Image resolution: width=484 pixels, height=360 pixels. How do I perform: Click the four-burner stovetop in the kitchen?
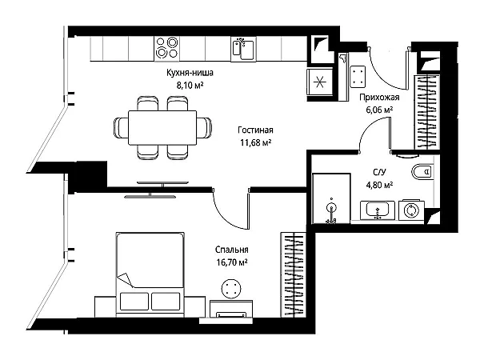click(166, 49)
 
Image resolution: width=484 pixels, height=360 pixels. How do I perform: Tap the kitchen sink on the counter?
click(243, 49)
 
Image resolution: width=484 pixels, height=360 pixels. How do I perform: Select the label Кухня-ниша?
click(190, 73)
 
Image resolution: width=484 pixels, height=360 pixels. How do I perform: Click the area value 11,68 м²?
click(256, 142)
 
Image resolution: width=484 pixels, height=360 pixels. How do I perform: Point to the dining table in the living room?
click(162, 127)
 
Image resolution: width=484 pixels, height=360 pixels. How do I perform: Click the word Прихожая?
click(379, 98)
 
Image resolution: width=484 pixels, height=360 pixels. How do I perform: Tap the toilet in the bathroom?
click(422, 171)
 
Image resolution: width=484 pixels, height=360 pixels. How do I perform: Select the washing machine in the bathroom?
click(411, 210)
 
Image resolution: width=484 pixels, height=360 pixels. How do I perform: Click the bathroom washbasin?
click(377, 210)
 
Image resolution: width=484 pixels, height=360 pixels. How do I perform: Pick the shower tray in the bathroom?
click(331, 198)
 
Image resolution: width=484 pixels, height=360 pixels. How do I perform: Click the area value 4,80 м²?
click(379, 185)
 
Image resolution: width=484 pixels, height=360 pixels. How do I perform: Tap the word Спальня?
click(232, 250)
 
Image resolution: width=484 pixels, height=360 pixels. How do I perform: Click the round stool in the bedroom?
click(231, 289)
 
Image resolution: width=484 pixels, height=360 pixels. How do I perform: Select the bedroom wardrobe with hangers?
click(293, 274)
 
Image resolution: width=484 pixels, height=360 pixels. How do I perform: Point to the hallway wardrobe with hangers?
click(427, 112)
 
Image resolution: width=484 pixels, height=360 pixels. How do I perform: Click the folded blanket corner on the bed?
click(126, 279)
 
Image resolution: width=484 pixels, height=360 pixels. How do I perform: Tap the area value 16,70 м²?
click(232, 262)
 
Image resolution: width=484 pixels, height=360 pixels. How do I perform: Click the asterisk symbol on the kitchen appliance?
click(319, 82)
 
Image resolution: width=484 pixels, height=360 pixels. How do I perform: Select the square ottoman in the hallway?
click(358, 77)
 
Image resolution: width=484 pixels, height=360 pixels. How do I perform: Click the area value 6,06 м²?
click(379, 110)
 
